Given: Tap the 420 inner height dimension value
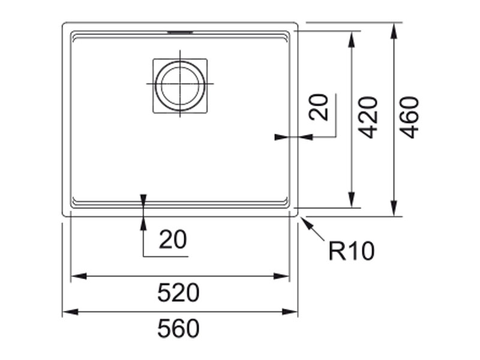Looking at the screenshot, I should click(368, 117).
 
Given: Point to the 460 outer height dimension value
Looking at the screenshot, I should click(409, 117).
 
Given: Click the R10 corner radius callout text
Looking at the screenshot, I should click(351, 251).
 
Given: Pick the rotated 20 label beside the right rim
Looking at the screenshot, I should click(320, 108).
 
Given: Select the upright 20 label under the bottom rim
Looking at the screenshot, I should click(173, 240).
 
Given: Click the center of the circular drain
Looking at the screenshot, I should click(180, 85).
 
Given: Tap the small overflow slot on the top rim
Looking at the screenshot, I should click(180, 29).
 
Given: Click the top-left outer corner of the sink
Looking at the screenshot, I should click(64, 24).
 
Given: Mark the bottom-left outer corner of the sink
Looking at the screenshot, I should click(64, 215).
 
